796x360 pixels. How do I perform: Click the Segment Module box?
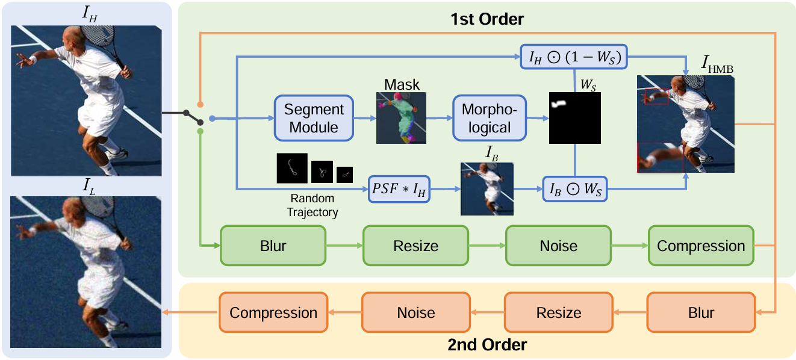point(313,119)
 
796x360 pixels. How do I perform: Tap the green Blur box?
point(273,246)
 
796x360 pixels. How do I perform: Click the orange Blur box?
point(701,312)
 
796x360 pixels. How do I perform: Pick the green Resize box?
point(415,246)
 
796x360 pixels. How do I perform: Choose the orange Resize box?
point(559,312)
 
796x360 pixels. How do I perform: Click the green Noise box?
point(558,246)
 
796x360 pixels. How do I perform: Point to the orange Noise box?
point(415,312)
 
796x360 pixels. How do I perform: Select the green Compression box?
point(701,246)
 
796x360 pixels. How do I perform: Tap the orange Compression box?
point(273,312)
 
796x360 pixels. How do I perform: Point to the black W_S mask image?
point(575,118)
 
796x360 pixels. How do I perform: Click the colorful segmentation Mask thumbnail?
point(401,118)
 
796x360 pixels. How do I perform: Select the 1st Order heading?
point(487,19)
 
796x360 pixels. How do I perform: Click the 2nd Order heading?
point(487,345)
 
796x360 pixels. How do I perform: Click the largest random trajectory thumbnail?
point(292,168)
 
